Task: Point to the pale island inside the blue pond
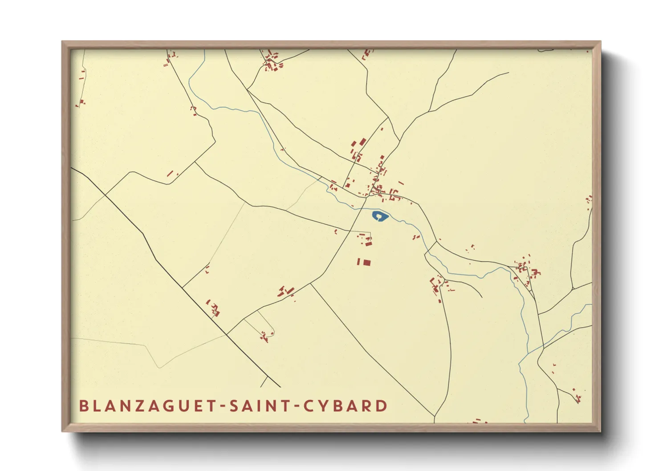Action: pos(379,216)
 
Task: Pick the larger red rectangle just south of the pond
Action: pos(366,262)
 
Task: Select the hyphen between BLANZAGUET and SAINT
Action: pos(221,406)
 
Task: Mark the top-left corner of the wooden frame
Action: pos(63,42)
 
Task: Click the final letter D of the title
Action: pos(382,406)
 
